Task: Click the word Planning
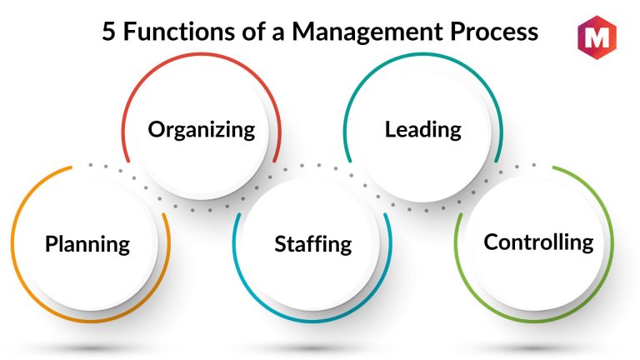point(87,244)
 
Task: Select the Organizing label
point(202,130)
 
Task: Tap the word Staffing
point(313,244)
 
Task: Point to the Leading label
point(423,130)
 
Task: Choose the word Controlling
point(539,242)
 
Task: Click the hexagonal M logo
point(597,37)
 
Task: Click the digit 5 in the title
point(108,32)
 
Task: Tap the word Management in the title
point(367,32)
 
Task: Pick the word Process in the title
point(494,32)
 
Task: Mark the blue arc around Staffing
point(312,321)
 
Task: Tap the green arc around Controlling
point(612,245)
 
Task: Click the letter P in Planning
point(51,243)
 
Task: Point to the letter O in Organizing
point(157,129)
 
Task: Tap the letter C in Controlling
point(492,242)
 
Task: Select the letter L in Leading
point(391,129)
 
